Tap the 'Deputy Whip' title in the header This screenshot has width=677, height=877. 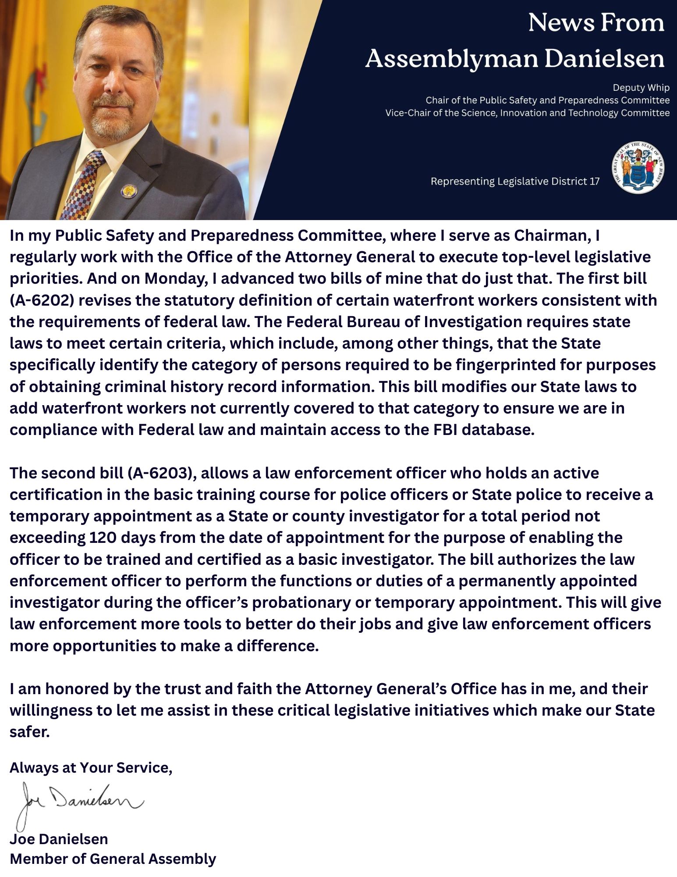pos(641,88)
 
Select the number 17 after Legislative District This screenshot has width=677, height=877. pos(595,182)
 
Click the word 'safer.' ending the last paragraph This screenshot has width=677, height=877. pos(29,732)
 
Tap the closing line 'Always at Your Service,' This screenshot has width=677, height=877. pos(91,767)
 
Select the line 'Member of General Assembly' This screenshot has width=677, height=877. pos(113,859)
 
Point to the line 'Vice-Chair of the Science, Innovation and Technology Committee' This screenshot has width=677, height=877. pos(527,113)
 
